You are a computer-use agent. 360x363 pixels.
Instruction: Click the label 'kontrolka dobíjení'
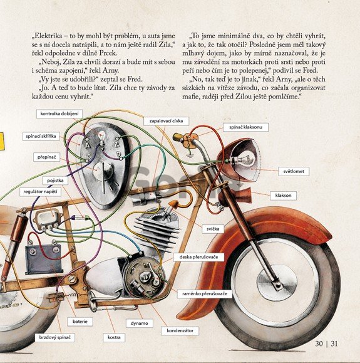pos(59,113)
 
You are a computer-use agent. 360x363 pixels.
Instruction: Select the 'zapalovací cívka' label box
pos(166,121)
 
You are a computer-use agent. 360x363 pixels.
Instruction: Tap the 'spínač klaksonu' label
pos(246,127)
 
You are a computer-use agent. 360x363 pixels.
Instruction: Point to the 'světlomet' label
pos(294,171)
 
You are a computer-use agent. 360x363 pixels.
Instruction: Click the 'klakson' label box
pos(283,196)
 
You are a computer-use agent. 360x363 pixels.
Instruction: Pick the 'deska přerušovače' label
pos(199,257)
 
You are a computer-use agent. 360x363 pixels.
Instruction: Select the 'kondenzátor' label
pos(180,330)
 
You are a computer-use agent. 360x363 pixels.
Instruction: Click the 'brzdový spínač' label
pos(55,337)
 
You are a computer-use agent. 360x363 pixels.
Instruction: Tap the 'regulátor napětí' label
pos(40,192)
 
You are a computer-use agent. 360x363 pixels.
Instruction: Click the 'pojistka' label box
pos(55,181)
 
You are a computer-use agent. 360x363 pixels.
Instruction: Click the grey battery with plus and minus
pos(43,258)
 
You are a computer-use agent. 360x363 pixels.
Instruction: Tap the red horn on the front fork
pos(236,196)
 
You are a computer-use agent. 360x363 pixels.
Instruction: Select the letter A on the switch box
pos(88,146)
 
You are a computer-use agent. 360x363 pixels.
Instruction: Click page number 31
pos(334,344)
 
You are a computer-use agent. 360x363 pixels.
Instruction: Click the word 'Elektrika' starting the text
pos(48,36)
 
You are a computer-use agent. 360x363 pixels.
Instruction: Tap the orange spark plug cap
pos(173,204)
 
